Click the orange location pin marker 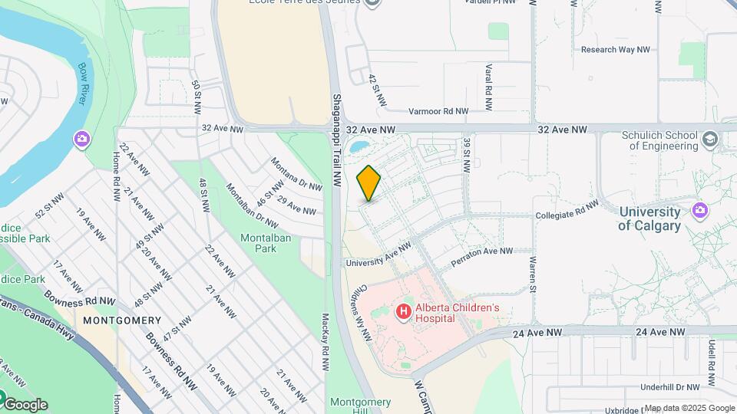[x=368, y=182]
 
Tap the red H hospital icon [x=402, y=312]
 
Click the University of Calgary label [x=649, y=219]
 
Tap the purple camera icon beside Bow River [x=81, y=139]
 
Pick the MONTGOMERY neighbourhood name [x=122, y=320]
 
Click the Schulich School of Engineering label [x=659, y=140]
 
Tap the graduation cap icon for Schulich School [x=710, y=139]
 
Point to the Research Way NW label [x=616, y=50]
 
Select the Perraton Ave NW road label [x=481, y=251]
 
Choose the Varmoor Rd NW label [x=438, y=111]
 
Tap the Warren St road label [x=531, y=274]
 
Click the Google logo [x=25, y=404]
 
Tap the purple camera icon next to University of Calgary [x=699, y=209]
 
